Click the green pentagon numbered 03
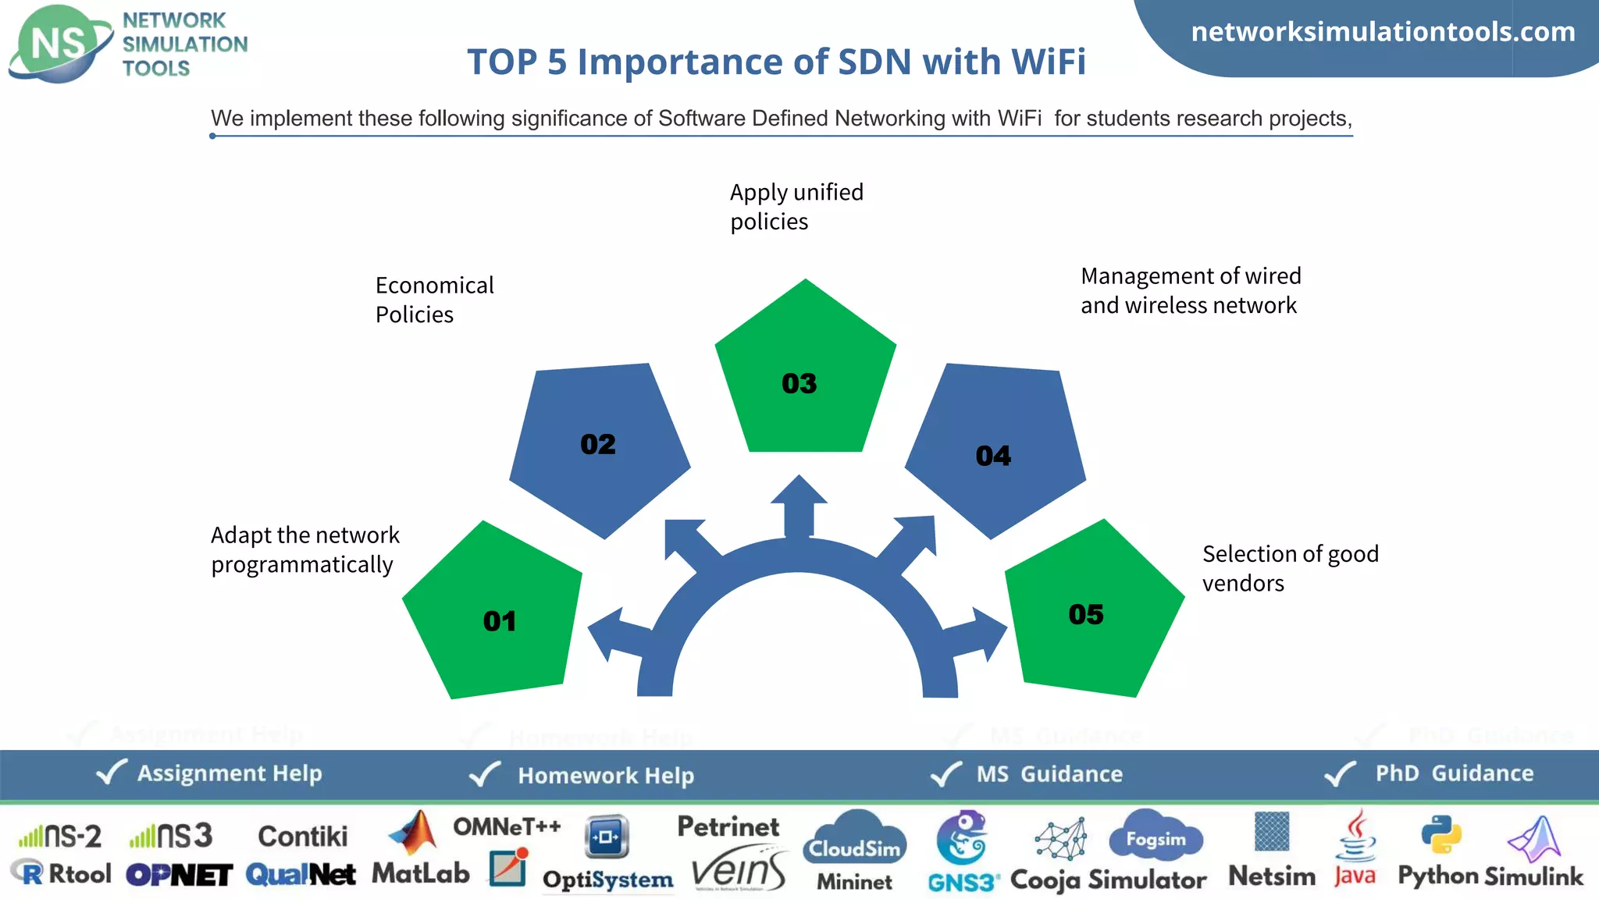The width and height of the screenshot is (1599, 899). click(x=805, y=375)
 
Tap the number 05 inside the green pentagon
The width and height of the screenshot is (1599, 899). click(x=1085, y=614)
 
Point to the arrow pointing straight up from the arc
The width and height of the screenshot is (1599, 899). click(x=799, y=503)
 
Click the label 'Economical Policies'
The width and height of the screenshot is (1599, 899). click(x=434, y=300)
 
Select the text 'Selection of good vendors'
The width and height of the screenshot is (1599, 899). click(x=1290, y=568)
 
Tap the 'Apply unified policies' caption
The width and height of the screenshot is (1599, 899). click(x=796, y=207)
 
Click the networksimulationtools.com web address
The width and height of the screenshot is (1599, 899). click(x=1383, y=32)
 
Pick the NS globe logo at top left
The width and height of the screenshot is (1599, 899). click(x=59, y=44)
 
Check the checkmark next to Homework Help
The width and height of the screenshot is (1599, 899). click(x=484, y=774)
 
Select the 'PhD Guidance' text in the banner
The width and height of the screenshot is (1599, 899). click(x=1454, y=773)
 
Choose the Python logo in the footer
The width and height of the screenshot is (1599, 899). click(x=1441, y=834)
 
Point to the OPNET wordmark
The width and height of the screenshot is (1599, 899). click(x=179, y=875)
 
